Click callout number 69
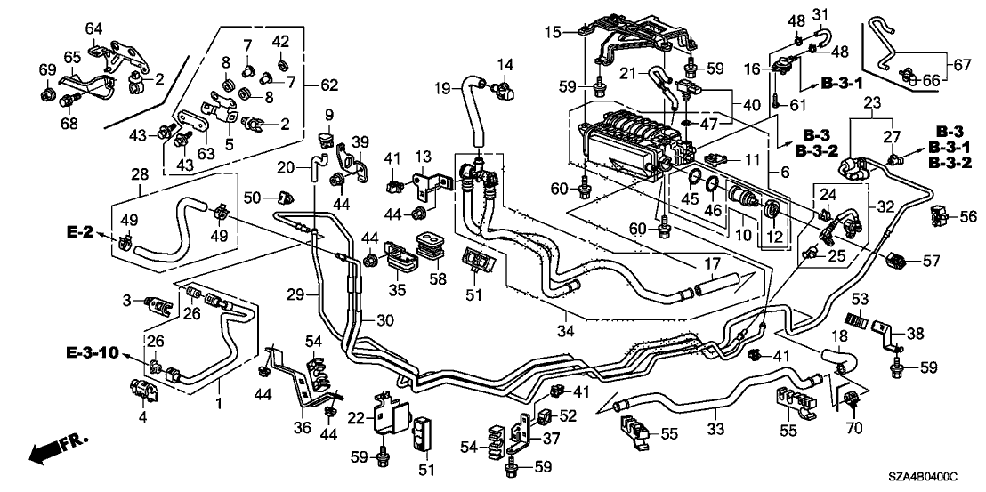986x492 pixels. (47, 69)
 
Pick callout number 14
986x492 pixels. (505, 64)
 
